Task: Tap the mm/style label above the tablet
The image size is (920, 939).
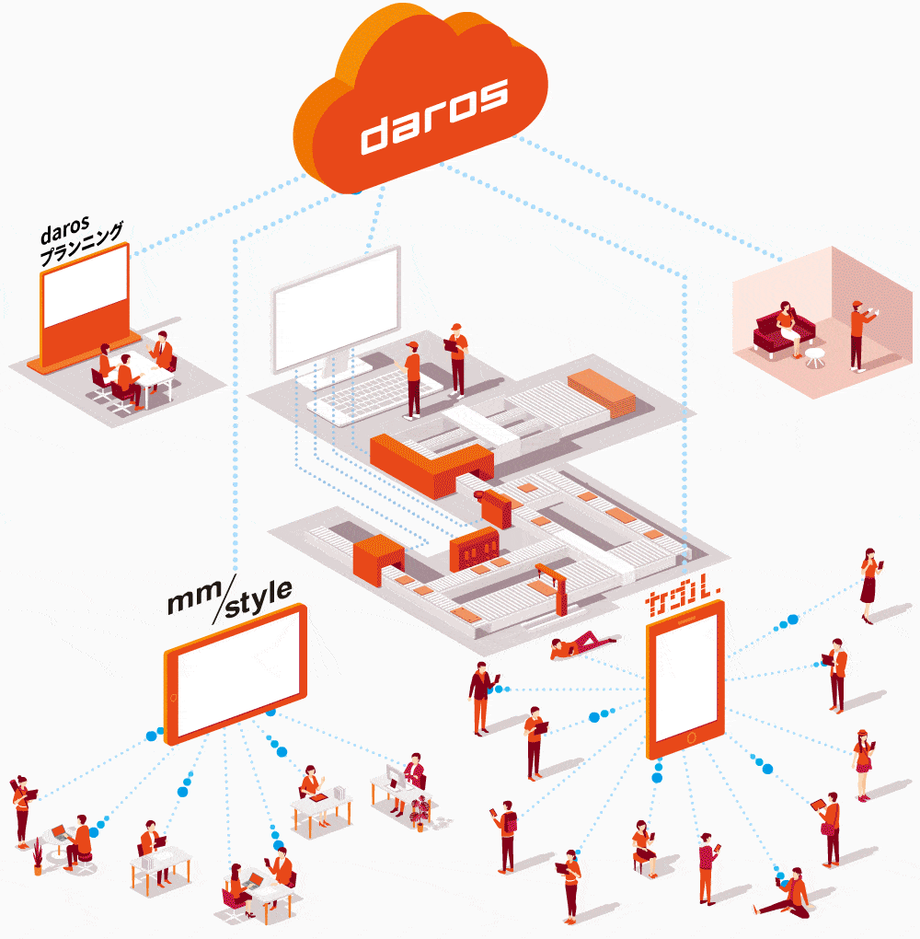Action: [230, 599]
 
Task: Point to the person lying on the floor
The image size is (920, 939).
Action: [582, 645]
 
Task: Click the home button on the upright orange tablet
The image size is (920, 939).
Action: [692, 737]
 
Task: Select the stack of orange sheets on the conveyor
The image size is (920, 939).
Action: [601, 391]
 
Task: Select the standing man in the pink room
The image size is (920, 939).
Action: [860, 335]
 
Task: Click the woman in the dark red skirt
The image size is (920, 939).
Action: [870, 585]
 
